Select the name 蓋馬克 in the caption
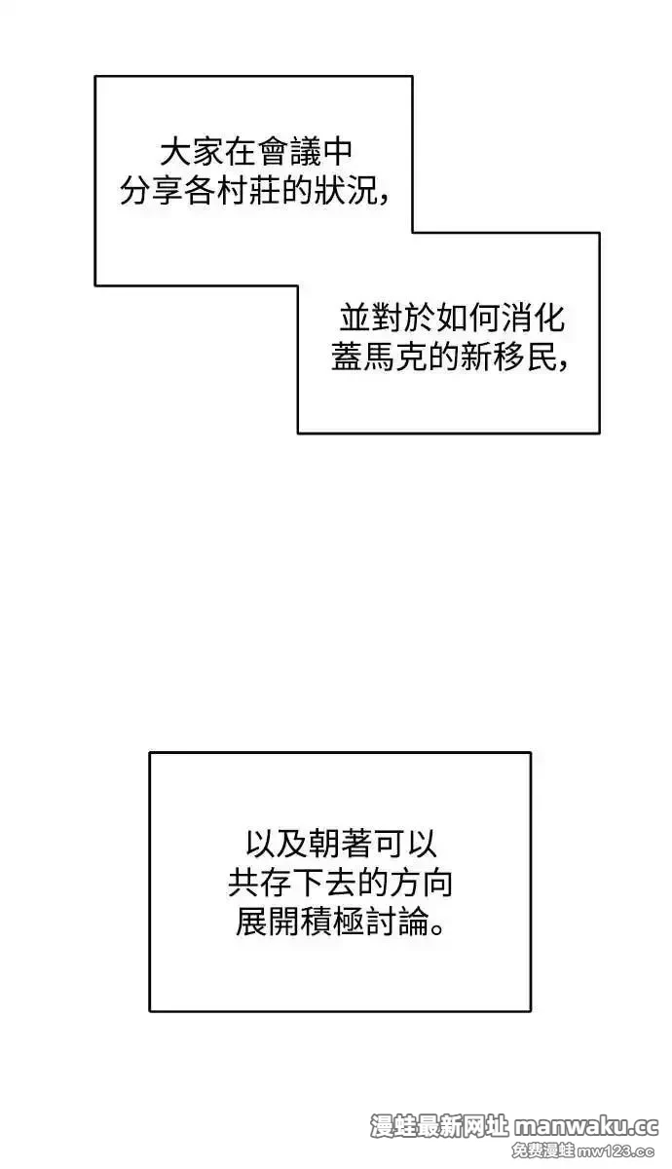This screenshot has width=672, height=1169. (379, 357)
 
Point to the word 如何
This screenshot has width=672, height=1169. (469, 318)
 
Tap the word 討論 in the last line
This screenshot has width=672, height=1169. (397, 922)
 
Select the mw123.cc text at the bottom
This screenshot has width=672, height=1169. (616, 1150)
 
